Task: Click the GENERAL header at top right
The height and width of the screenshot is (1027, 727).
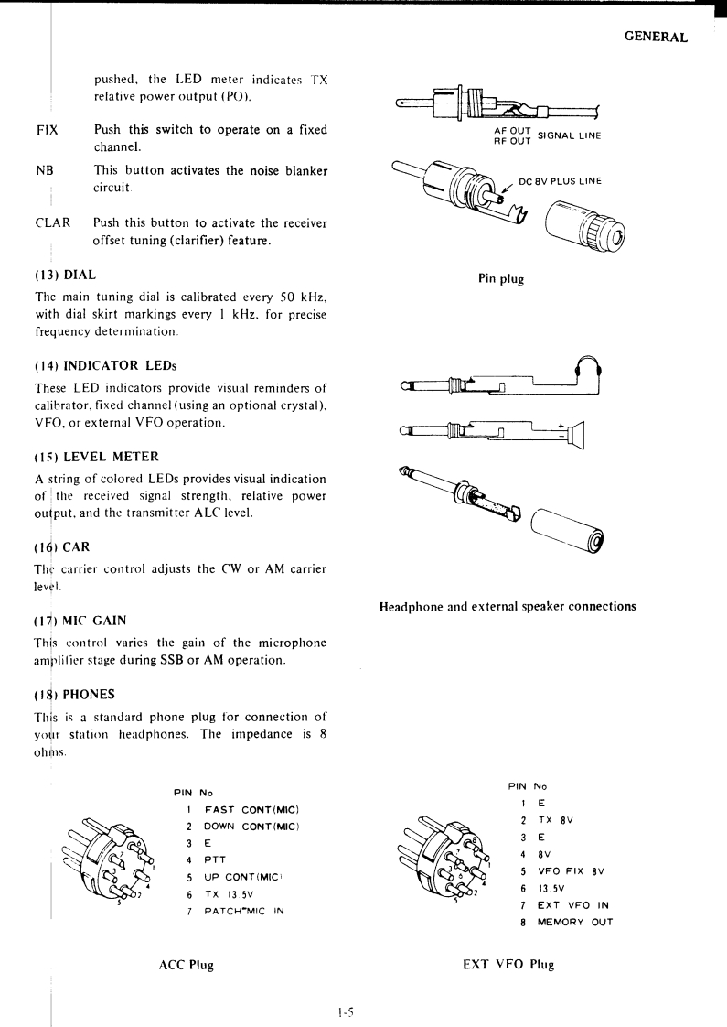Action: [655, 38]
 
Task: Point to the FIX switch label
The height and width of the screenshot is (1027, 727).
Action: [47, 130]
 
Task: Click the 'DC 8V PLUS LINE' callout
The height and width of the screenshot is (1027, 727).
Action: [560, 180]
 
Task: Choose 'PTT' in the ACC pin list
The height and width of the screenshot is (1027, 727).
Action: [215, 859]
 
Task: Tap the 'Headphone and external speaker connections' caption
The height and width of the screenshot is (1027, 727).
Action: [507, 606]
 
